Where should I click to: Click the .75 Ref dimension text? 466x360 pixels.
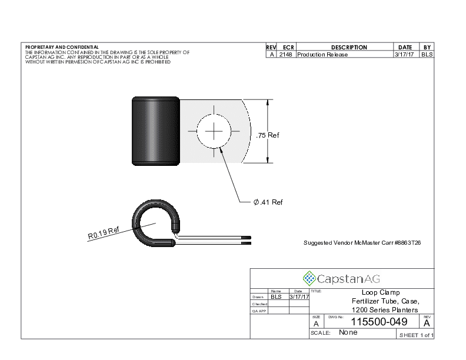(x=268, y=135)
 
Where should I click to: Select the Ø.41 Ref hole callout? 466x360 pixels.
(x=268, y=202)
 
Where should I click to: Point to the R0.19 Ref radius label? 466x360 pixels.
(x=104, y=233)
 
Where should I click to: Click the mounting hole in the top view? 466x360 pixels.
(x=214, y=131)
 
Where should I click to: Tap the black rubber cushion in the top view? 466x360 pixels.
(x=156, y=131)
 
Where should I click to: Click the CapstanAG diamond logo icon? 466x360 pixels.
(x=309, y=279)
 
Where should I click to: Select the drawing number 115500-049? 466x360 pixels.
(x=379, y=322)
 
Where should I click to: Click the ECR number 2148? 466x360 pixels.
(x=285, y=54)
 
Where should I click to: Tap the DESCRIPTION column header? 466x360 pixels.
(x=349, y=47)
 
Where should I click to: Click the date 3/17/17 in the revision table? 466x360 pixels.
(x=404, y=54)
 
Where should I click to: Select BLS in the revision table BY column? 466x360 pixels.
(x=427, y=54)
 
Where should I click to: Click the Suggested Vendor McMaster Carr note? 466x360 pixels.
(x=362, y=243)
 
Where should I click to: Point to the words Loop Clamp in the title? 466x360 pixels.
(x=381, y=292)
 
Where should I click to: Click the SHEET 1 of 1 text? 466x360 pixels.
(x=417, y=335)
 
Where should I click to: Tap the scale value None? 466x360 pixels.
(x=348, y=332)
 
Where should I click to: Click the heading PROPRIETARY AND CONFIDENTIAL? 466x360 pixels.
(x=62, y=47)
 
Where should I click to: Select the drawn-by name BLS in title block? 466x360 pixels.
(x=276, y=296)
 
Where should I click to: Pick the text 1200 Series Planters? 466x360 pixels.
(x=385, y=310)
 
